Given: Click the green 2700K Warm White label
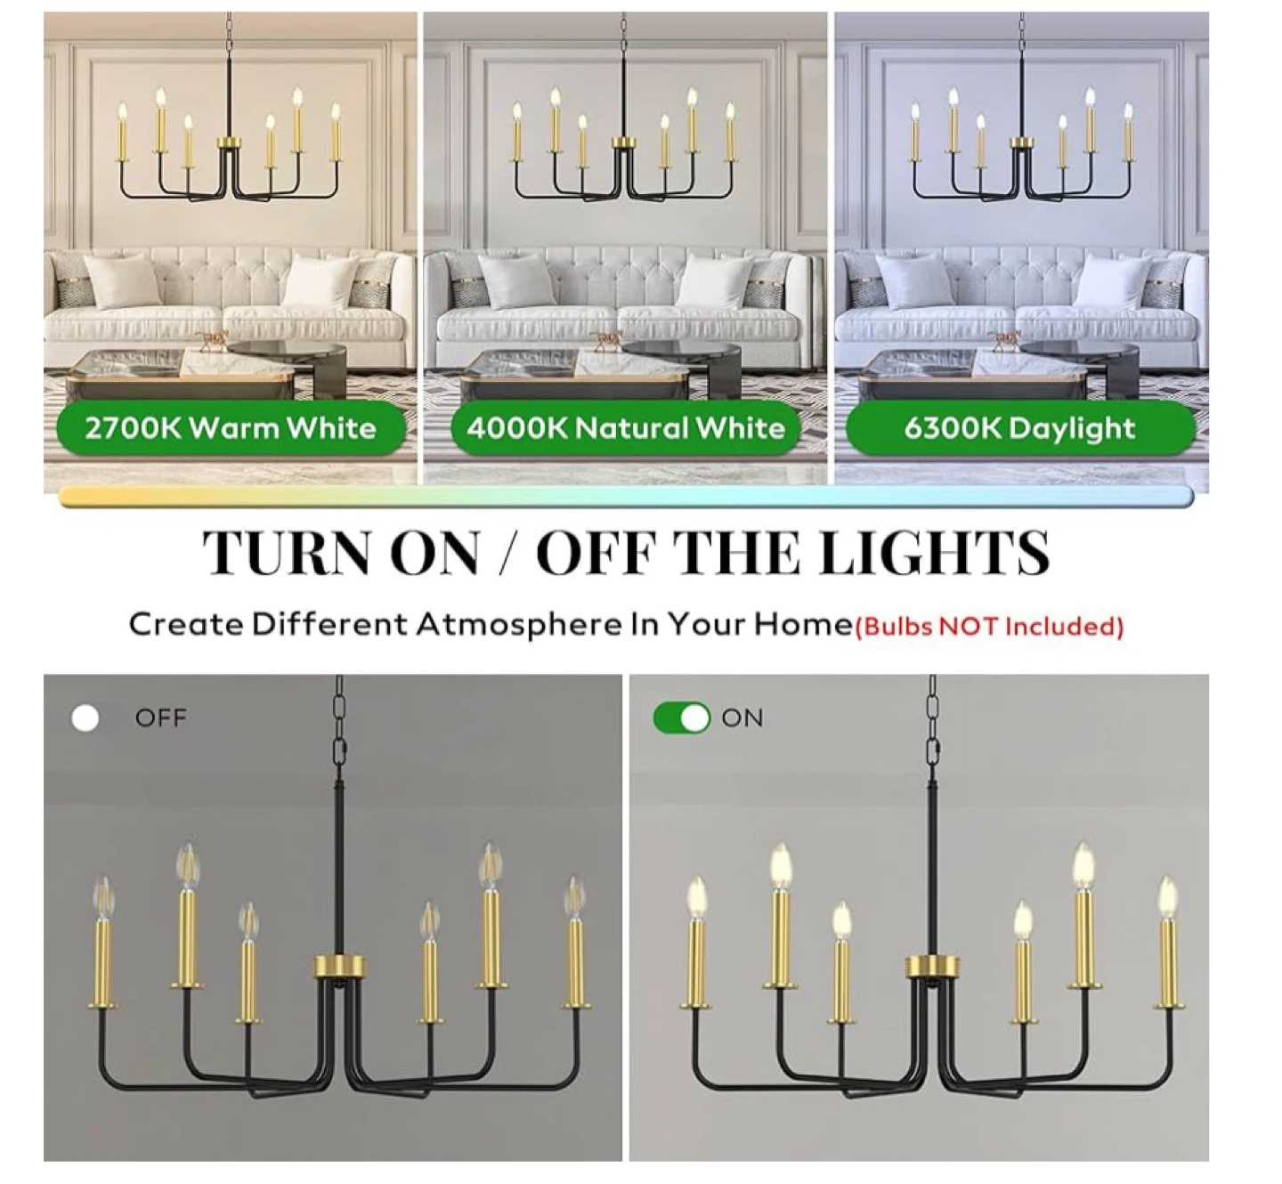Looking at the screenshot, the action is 231,428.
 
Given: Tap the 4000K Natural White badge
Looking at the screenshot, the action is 626,428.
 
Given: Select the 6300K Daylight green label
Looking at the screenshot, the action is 1020,428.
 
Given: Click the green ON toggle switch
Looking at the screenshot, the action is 682,718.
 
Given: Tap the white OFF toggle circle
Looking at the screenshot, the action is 85,718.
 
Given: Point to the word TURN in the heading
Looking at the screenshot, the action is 288,553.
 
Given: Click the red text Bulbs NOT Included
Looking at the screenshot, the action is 990,627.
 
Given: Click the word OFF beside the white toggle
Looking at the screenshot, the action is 161,718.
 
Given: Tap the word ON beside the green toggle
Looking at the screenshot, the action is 742,718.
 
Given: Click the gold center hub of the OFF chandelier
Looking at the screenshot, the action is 340,967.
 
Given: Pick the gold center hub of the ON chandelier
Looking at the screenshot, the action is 932,967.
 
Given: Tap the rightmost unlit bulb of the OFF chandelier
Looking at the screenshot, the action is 574,896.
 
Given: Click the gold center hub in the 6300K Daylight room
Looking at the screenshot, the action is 1020,142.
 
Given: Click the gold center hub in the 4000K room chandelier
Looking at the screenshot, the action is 623,142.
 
